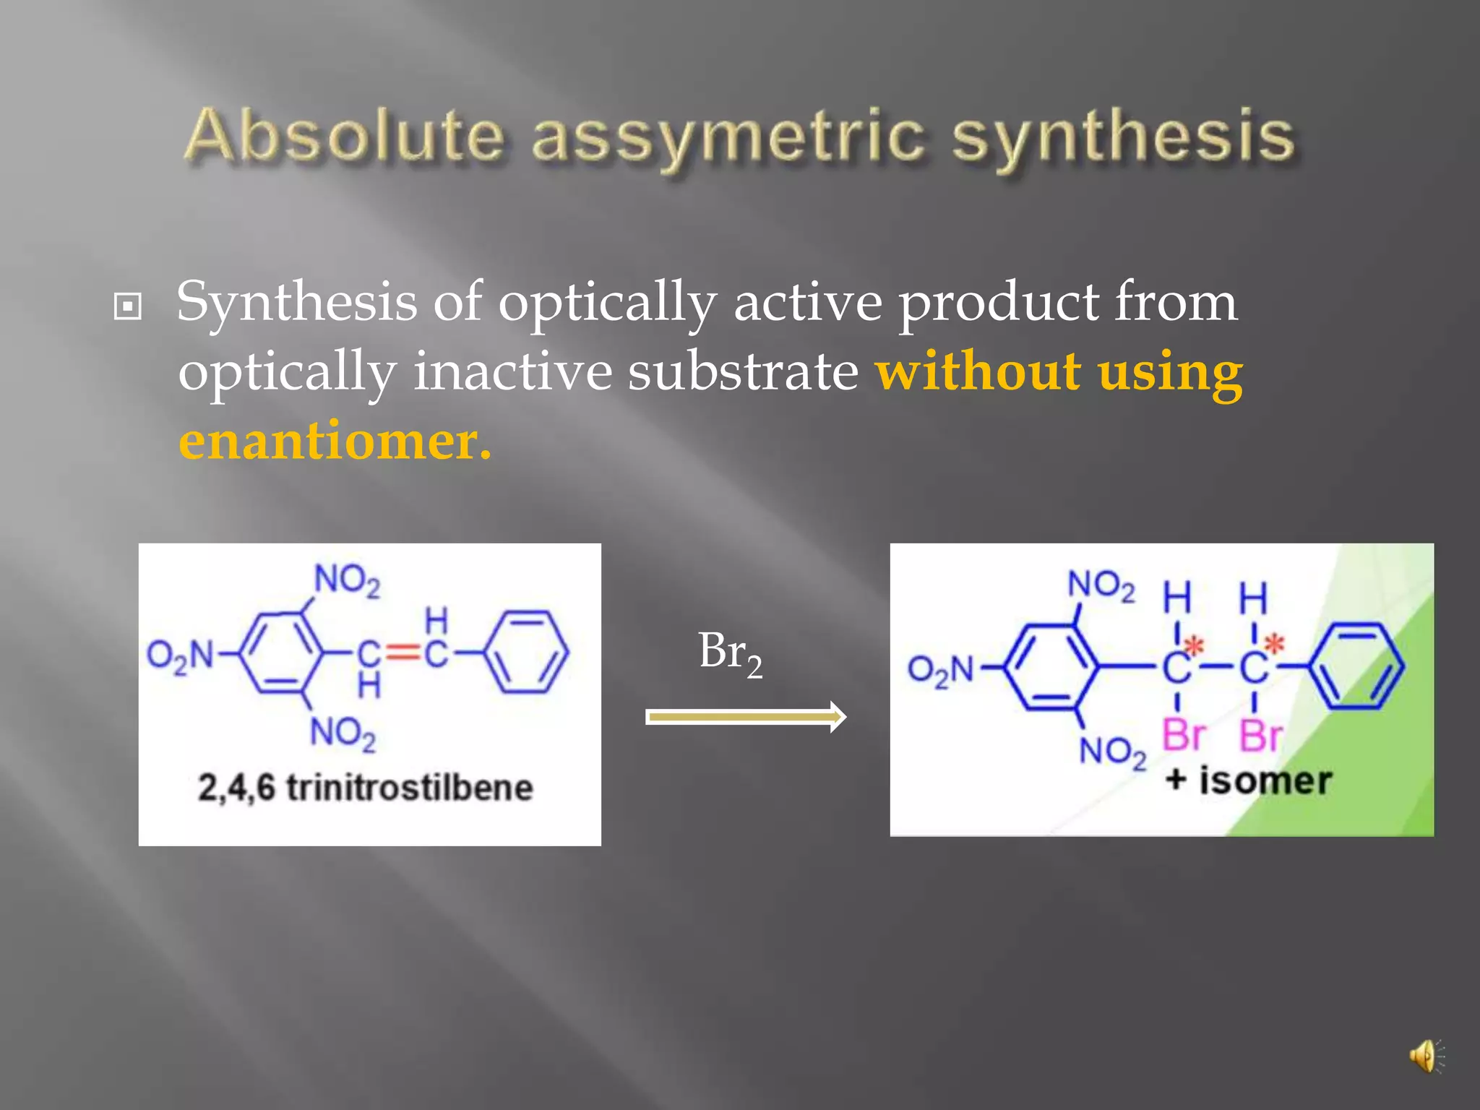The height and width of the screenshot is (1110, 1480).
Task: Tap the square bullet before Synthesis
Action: [128, 306]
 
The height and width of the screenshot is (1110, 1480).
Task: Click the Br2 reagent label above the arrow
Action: [730, 653]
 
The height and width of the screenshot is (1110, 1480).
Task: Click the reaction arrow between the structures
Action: [745, 717]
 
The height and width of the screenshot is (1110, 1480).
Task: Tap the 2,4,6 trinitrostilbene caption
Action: [366, 787]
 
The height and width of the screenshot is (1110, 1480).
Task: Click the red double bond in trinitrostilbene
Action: [403, 654]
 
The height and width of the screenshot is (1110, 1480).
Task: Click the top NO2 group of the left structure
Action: [347, 580]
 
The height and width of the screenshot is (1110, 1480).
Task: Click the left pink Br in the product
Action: [1184, 736]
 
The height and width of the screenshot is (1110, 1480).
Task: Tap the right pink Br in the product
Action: [1261, 737]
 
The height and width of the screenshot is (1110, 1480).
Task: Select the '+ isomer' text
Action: [1248, 781]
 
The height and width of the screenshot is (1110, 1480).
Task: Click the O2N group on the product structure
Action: [941, 670]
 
